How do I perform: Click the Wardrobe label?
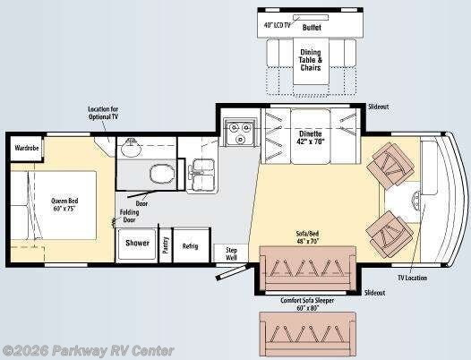tap(27, 148)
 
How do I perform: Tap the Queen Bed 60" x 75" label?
tap(64, 205)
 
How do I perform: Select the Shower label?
tap(137, 243)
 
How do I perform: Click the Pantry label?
tap(166, 245)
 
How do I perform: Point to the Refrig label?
tap(190, 246)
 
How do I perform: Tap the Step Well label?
tap(231, 253)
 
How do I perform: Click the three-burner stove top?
tap(240, 132)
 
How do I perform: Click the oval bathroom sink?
tap(132, 147)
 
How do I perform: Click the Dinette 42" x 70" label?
tap(311, 137)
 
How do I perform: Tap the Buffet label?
tap(312, 28)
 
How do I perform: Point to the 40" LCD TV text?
tap(278, 25)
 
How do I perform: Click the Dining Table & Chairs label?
tap(311, 60)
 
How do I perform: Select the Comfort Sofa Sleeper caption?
tap(307, 304)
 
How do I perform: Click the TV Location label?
tap(412, 278)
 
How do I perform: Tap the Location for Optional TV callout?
tap(103, 113)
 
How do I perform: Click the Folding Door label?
tap(130, 216)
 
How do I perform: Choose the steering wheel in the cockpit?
tap(416, 200)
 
